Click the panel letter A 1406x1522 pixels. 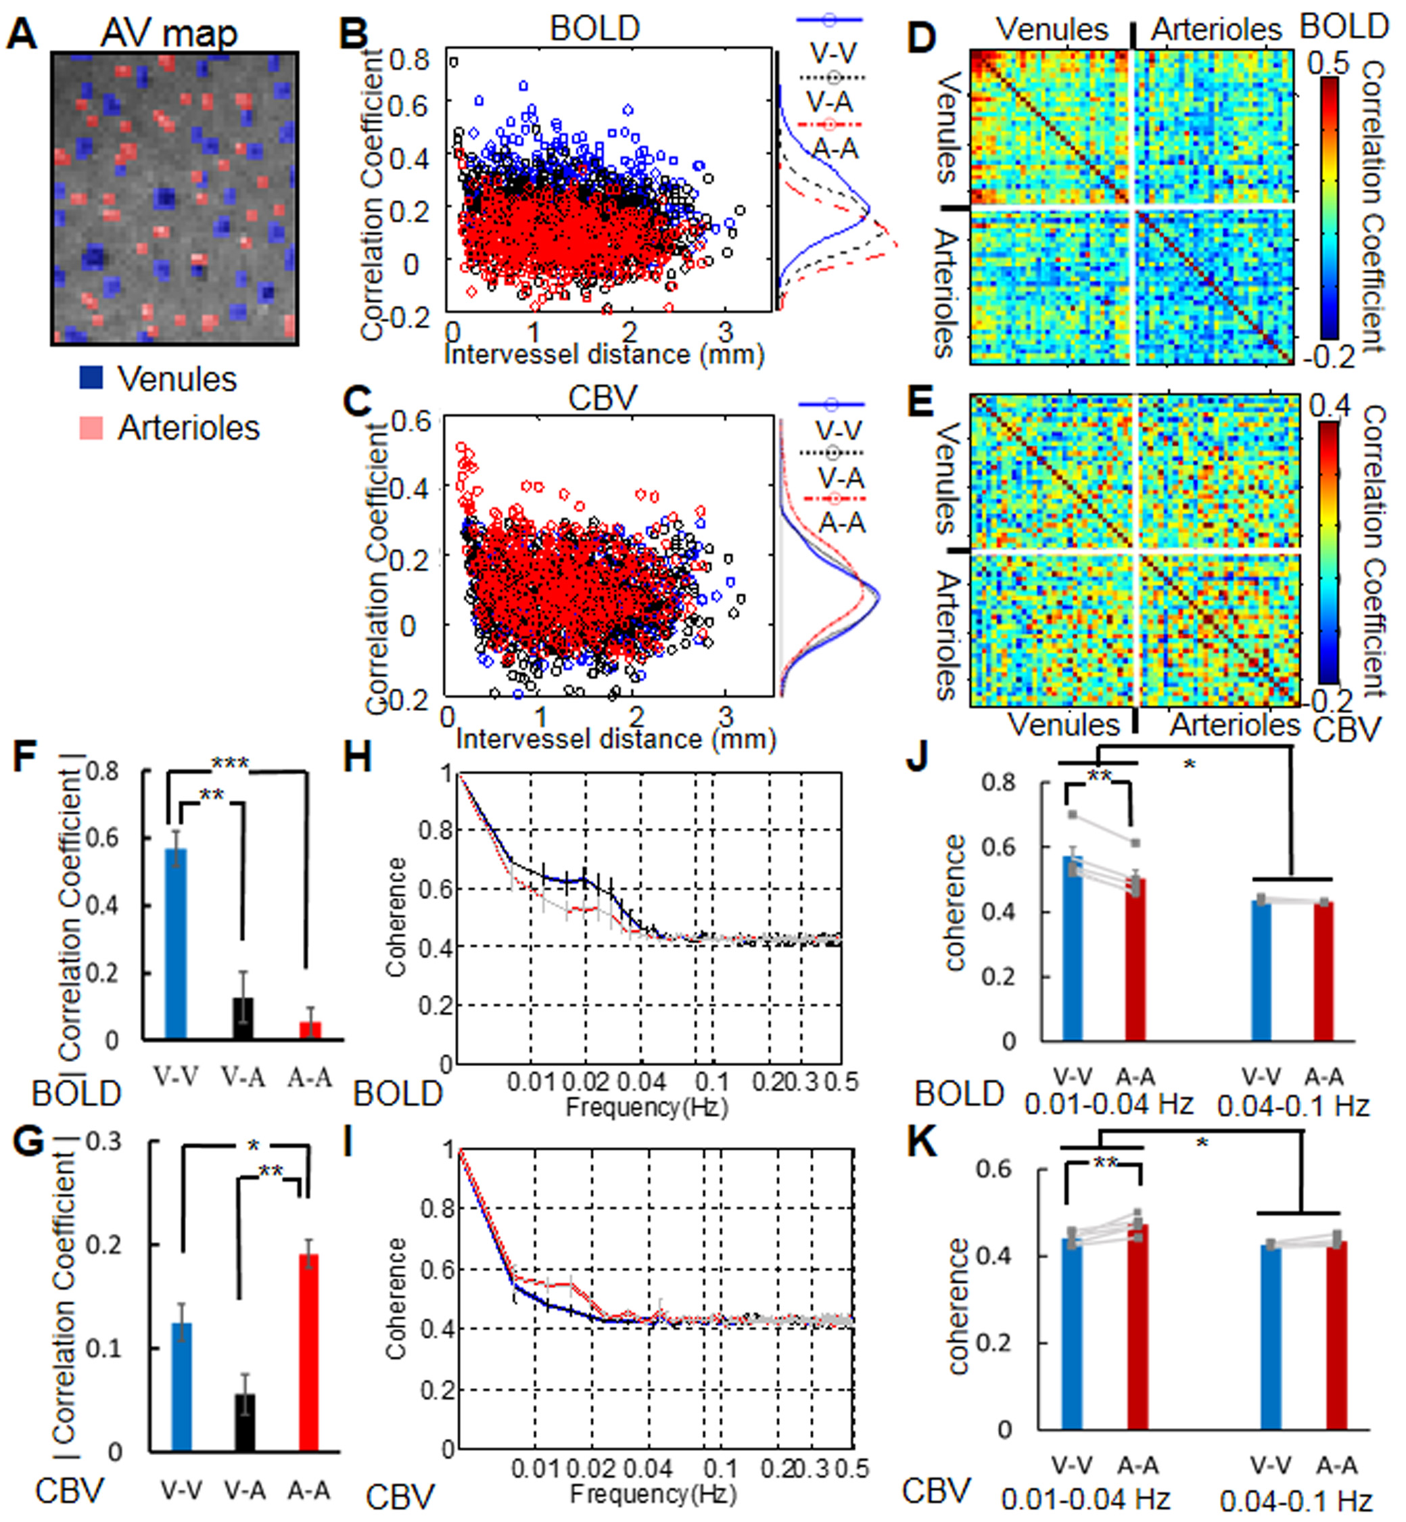(22, 35)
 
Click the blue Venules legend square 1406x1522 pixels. (91, 378)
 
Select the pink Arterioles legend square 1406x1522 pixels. (91, 427)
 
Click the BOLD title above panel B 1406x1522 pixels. (595, 29)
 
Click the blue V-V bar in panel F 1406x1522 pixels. (177, 944)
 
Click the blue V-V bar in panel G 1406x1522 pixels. (182, 1387)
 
